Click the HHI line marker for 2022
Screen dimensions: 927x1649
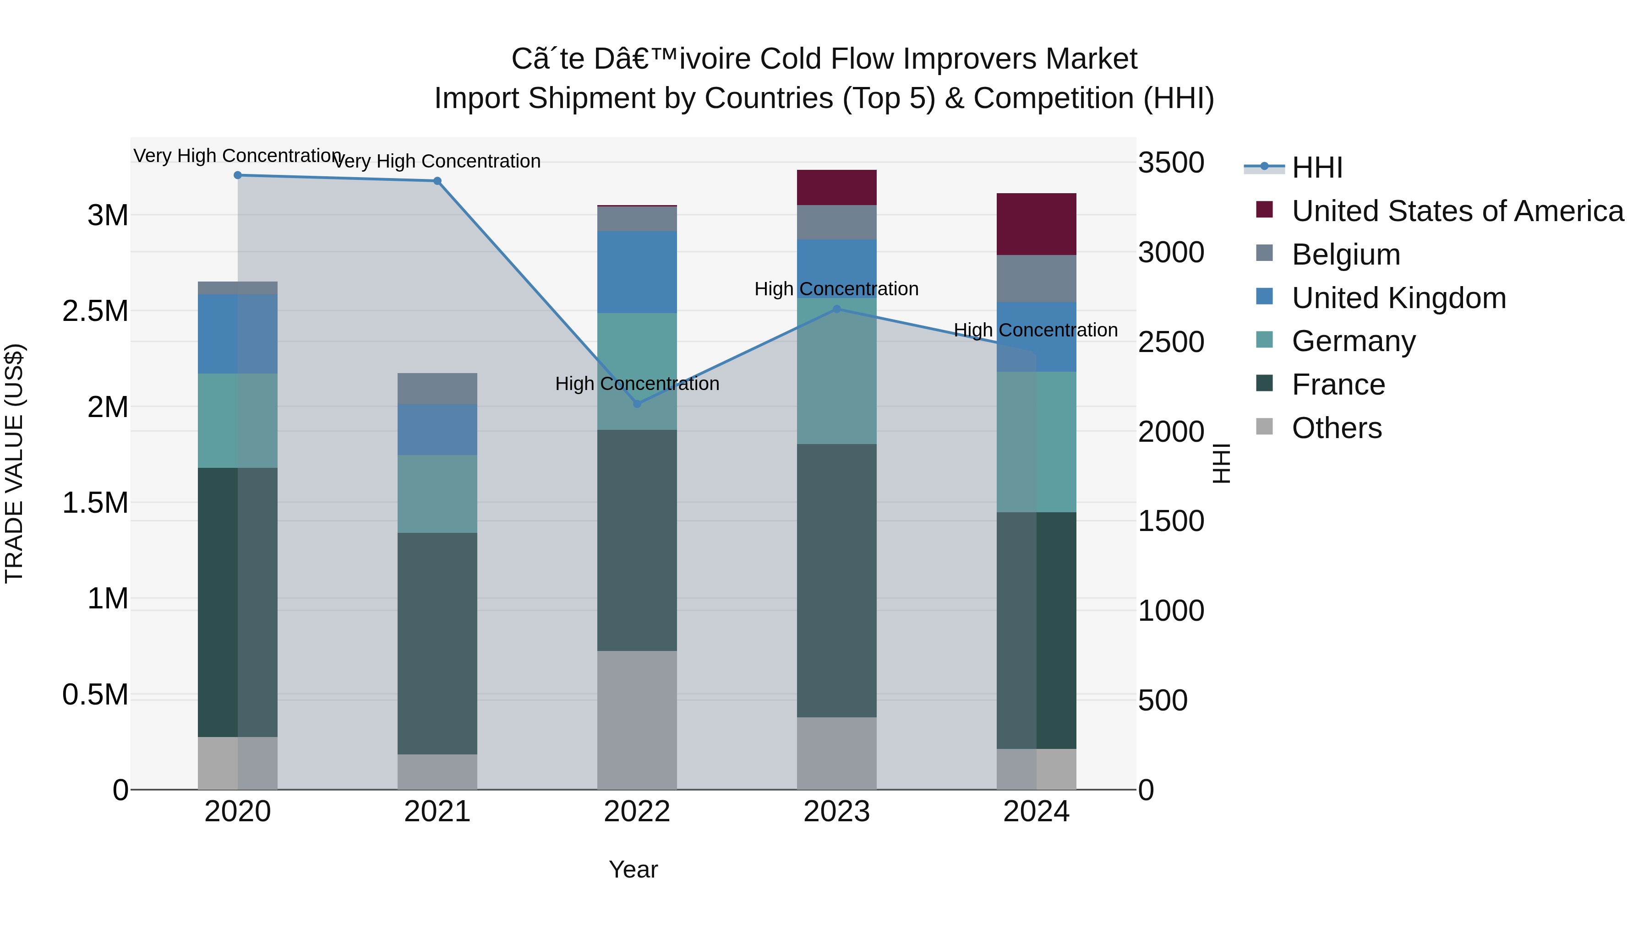637,404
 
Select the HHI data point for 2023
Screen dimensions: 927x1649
837,309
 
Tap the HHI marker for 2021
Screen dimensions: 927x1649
437,181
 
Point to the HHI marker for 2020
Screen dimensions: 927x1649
237,175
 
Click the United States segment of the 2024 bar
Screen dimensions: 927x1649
1037,224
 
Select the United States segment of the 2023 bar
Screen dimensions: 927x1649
837,187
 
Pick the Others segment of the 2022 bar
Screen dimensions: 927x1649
637,720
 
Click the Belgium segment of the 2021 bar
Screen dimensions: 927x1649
437,388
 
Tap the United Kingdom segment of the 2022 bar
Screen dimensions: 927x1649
637,272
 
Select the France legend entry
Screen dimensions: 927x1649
1338,385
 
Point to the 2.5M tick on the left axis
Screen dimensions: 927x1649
95,311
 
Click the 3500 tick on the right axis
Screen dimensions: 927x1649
1171,163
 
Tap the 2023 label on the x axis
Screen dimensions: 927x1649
837,812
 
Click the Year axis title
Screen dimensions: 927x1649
633,869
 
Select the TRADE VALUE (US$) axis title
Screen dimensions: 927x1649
14,463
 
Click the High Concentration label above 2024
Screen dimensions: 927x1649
1036,330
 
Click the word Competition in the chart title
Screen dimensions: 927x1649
1054,98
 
